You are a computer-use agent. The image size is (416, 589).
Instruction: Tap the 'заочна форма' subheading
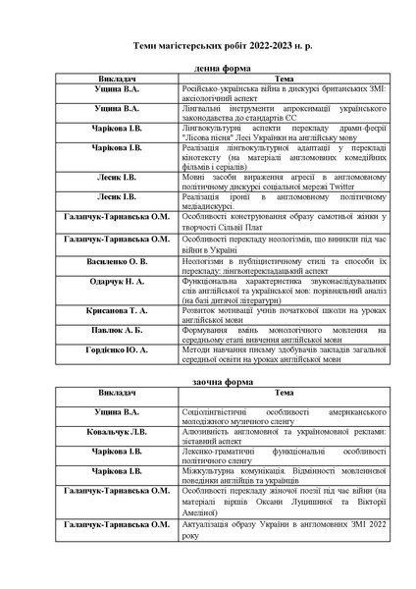tap(208, 377)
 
